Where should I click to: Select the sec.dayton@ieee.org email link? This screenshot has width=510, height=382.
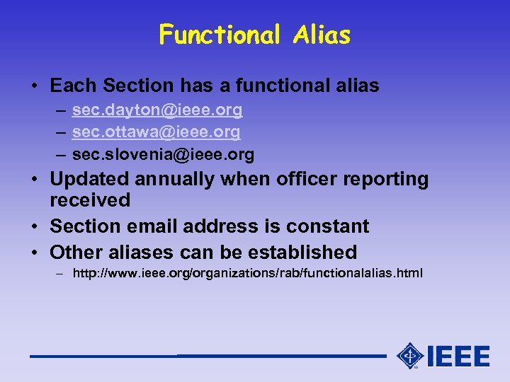coord(157,110)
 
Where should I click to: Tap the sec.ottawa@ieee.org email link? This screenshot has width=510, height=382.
coord(156,132)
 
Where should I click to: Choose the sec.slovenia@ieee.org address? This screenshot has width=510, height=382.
coord(163,154)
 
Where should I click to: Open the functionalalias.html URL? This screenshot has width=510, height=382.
coord(248,272)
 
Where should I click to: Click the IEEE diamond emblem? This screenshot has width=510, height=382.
coord(410,356)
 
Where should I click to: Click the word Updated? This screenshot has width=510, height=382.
coord(89,180)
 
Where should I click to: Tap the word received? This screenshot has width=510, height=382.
coord(90,200)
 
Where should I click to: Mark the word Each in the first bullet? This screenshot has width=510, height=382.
coord(73,86)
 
